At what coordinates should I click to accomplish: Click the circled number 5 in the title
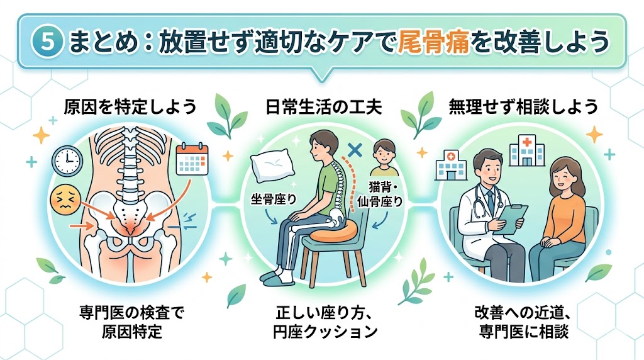47,42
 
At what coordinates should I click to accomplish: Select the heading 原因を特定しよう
130,107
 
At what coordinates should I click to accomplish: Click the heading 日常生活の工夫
323,107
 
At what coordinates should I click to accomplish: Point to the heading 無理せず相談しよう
523,107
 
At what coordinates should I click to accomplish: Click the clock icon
67,160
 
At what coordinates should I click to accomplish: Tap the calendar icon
192,159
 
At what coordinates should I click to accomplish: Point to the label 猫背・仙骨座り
380,195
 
